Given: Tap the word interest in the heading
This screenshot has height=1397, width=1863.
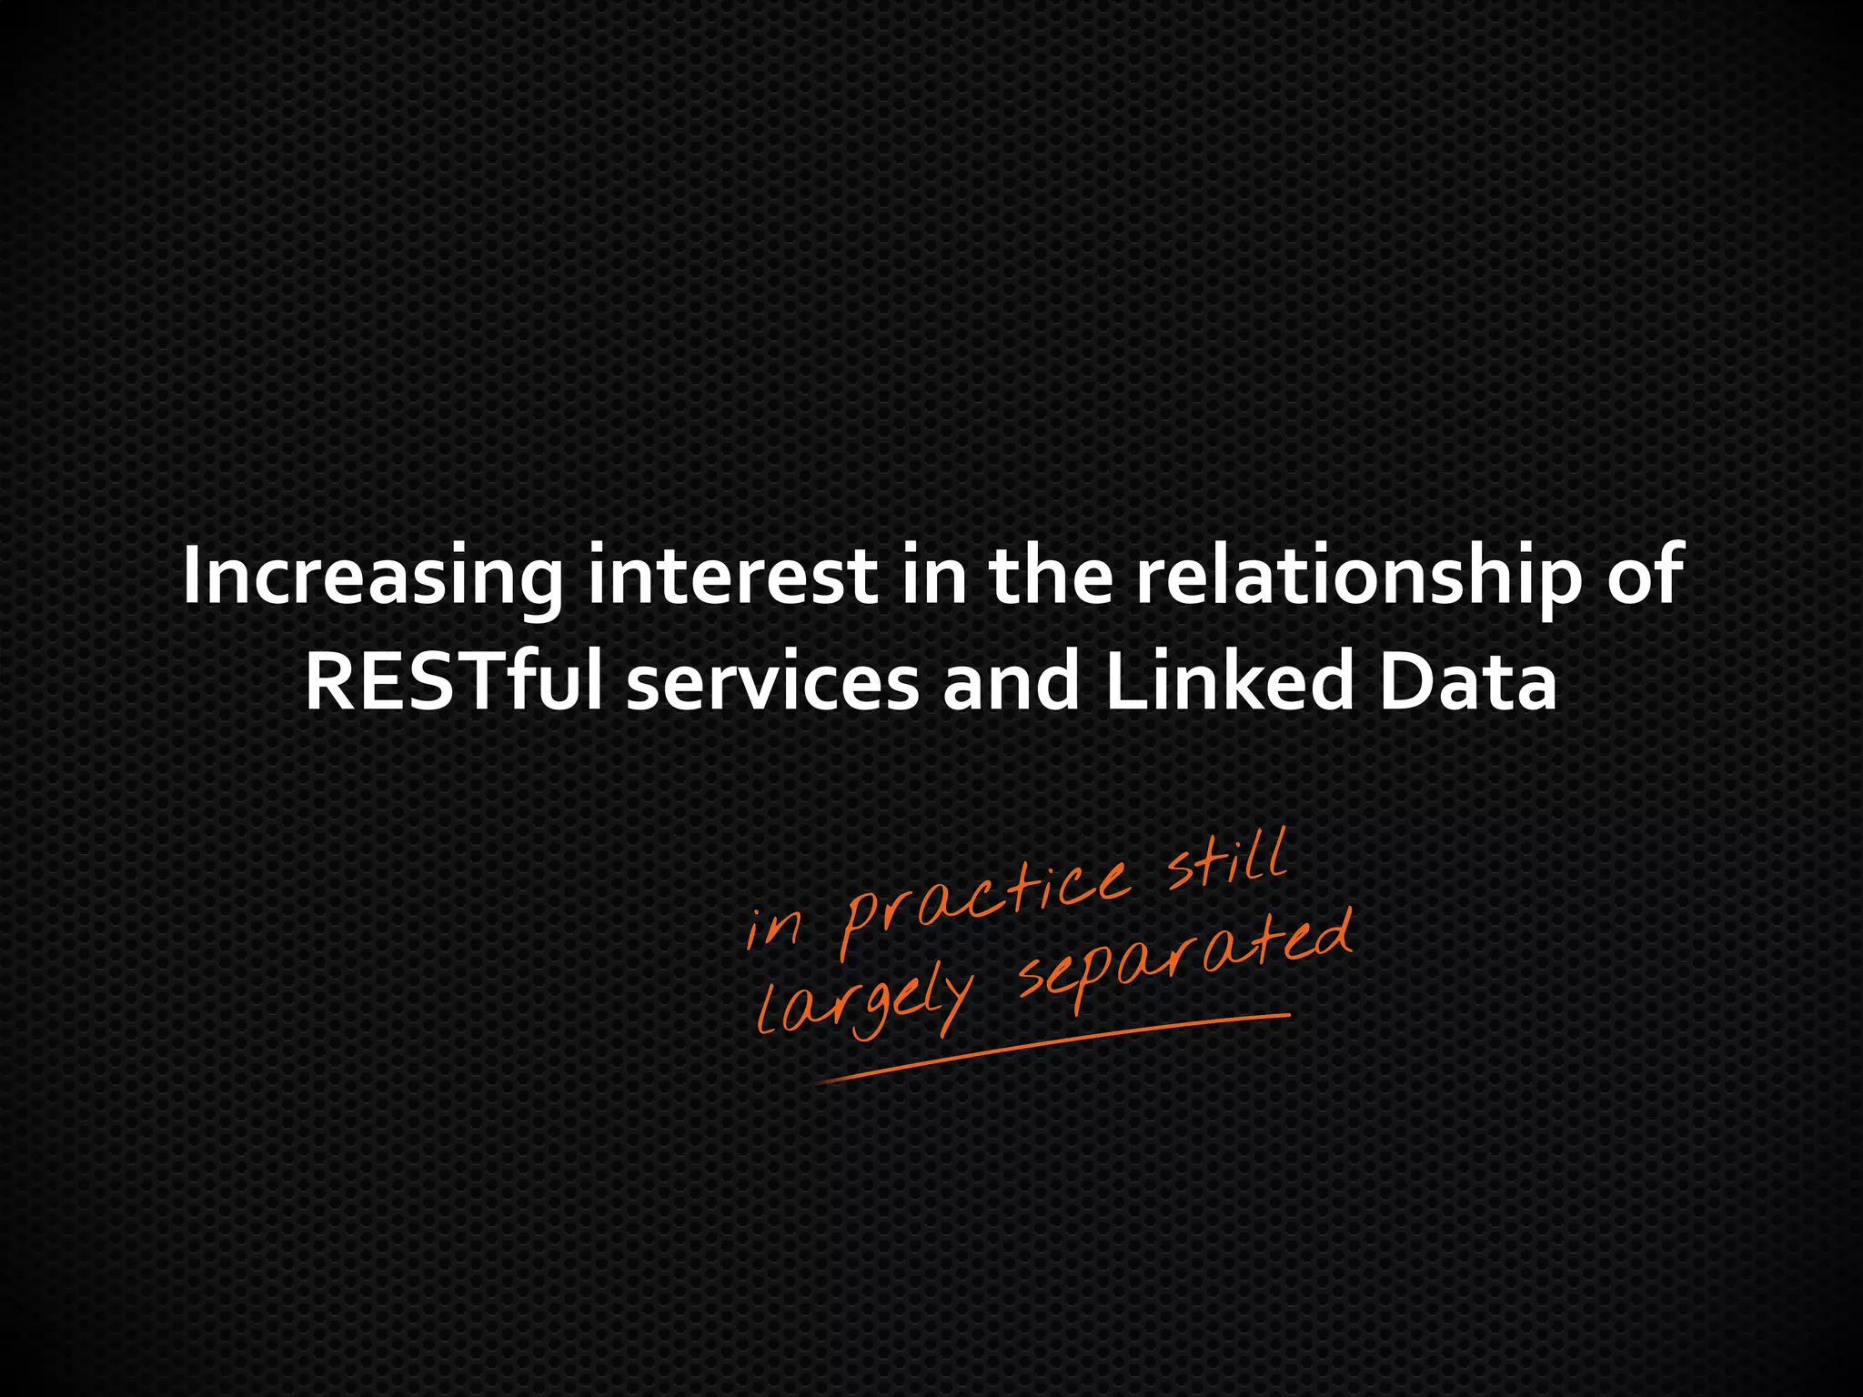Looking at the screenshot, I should coord(733,577).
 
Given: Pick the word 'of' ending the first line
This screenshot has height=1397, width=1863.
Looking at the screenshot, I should coord(1646,577).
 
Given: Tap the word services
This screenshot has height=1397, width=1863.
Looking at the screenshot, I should coord(773,684).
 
